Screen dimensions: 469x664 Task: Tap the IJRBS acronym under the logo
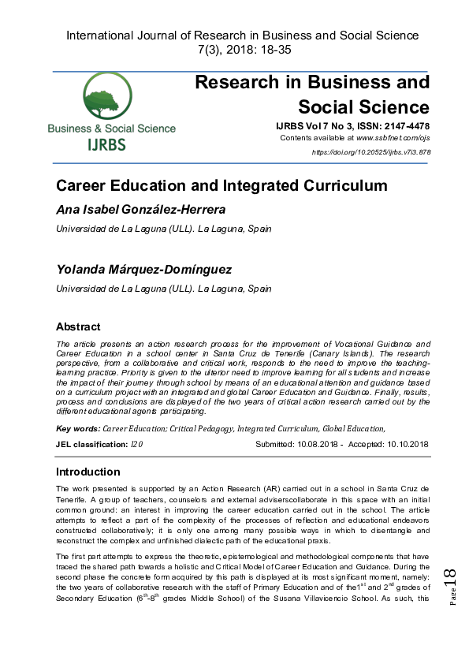pyautogui.click(x=112, y=144)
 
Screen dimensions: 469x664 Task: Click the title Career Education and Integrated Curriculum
pyautogui.click(x=221, y=186)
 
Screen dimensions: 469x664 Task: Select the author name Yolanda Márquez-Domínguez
pyautogui.click(x=143, y=270)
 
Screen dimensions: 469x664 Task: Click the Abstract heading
pyautogui.click(x=78, y=326)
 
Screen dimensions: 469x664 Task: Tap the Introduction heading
pyautogui.click(x=87, y=472)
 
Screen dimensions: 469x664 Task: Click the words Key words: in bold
pyautogui.click(x=78, y=428)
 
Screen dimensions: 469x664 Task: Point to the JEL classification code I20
pyautogui.click(x=136, y=445)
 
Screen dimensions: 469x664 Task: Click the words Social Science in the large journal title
pyautogui.click(x=363, y=107)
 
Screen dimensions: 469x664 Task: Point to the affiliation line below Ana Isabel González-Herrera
pyautogui.click(x=163, y=229)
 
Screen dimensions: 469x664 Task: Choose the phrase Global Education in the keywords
pyautogui.click(x=354, y=428)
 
